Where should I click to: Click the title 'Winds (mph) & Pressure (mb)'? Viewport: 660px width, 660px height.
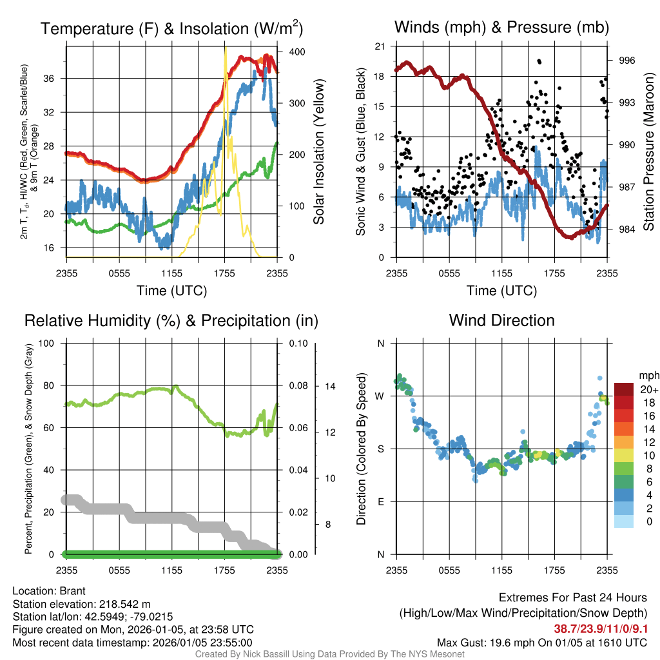(x=501, y=27)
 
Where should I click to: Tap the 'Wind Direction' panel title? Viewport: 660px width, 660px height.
(x=501, y=320)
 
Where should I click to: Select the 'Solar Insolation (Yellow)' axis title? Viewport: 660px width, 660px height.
(x=318, y=152)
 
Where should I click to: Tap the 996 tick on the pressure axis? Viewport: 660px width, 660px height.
(x=627, y=61)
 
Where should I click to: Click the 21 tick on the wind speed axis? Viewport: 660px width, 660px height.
(x=380, y=46)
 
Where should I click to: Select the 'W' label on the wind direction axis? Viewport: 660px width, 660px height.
(x=380, y=396)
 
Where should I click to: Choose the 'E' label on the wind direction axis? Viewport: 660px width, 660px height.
(x=381, y=501)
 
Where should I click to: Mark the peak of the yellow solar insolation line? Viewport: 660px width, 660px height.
(x=225, y=49)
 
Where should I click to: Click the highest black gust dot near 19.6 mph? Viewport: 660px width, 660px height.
(x=539, y=61)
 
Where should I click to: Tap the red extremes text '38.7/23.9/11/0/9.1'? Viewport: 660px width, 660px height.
(x=601, y=628)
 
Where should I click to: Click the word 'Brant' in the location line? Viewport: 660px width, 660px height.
(x=73, y=591)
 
